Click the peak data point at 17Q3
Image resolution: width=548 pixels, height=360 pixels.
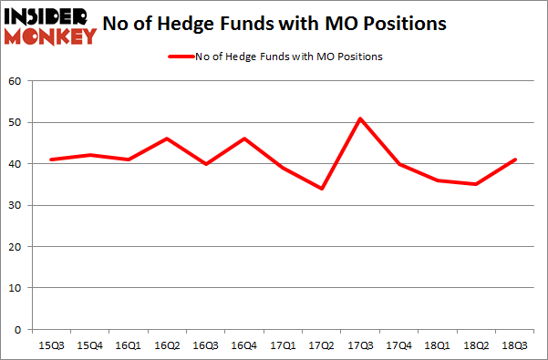point(335,118)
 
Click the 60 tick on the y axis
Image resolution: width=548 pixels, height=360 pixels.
point(16,81)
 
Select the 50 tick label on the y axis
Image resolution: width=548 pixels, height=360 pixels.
point(16,122)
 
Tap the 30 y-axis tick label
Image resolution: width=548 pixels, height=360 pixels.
point(16,205)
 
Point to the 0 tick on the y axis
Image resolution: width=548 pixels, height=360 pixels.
point(20,329)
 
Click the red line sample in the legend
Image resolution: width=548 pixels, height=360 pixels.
point(180,57)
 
